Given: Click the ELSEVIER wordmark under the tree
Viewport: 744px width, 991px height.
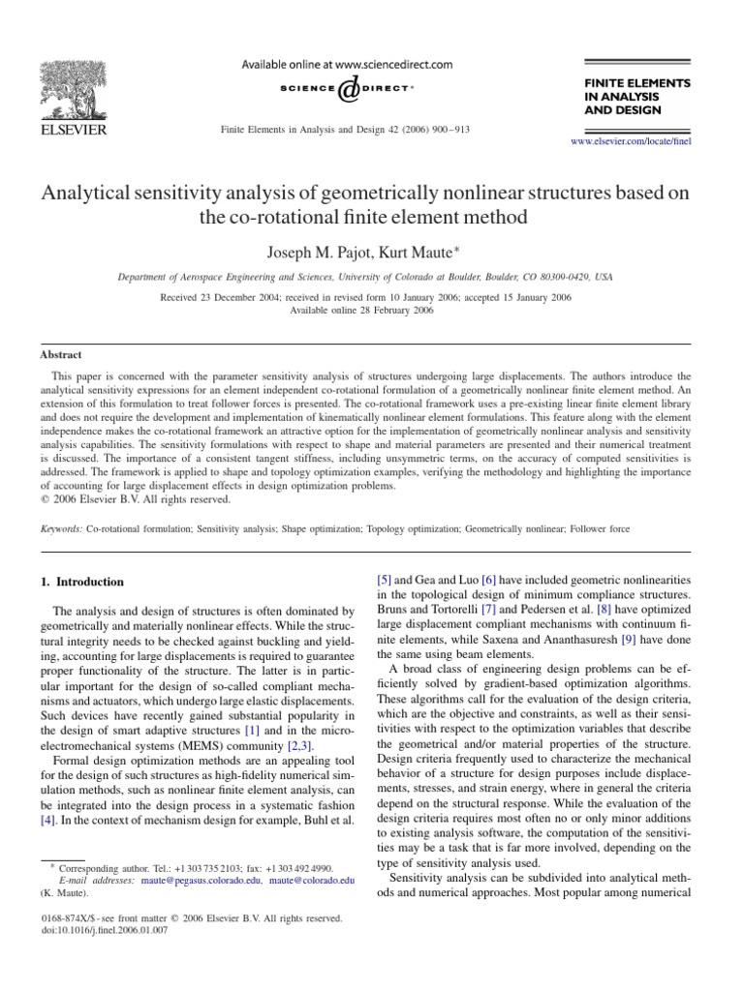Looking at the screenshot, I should (x=72, y=129).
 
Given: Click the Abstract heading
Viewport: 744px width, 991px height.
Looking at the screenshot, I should (x=60, y=355).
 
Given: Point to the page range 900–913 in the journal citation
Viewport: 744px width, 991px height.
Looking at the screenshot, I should (x=449, y=129).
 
